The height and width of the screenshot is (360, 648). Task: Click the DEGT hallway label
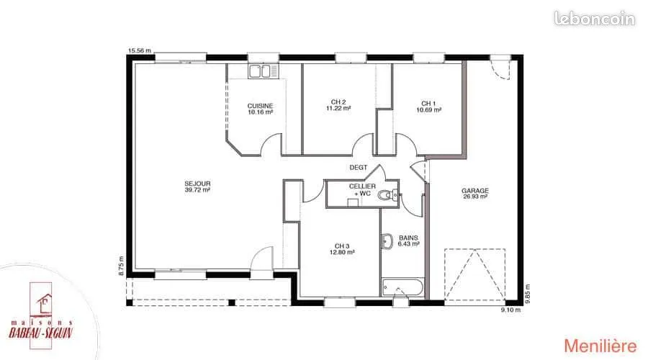point(359,167)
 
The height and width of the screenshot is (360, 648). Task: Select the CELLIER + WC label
point(362,189)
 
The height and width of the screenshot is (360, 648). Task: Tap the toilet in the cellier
point(387,194)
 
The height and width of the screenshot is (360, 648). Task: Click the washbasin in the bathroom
point(387,241)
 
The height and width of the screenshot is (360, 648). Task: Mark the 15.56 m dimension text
point(139,50)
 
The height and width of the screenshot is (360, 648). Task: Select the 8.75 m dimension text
point(121,266)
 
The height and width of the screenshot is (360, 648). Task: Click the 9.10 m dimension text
point(510,310)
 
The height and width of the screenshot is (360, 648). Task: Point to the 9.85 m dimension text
point(527,294)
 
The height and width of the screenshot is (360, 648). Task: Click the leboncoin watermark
point(594,19)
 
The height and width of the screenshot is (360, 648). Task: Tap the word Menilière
point(600,346)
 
